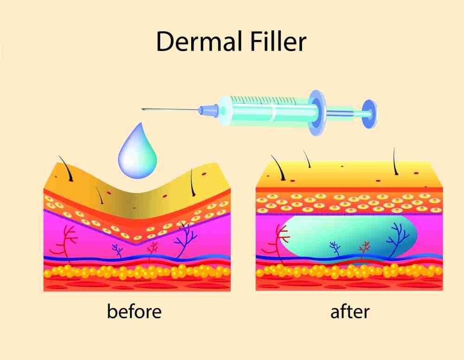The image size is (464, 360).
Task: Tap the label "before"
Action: [134, 311]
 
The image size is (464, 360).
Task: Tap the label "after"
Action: [350, 311]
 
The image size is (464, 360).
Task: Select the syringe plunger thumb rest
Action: [370, 114]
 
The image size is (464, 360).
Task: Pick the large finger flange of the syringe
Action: [317, 113]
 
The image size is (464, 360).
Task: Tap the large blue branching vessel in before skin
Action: [185, 239]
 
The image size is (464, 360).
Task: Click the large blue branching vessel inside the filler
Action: [398, 239]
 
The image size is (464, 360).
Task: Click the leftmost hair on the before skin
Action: [66, 168]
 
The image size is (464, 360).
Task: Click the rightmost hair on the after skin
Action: [395, 161]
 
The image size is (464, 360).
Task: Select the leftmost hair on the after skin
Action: [278, 167]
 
